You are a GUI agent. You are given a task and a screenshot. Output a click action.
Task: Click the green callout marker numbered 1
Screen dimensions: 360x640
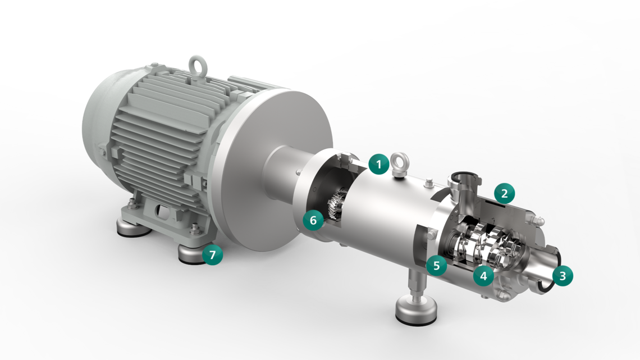click(x=379, y=165)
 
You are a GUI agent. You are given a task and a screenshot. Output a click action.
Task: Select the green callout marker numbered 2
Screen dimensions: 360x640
click(x=504, y=194)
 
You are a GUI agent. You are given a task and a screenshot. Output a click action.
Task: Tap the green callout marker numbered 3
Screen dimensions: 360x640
click(x=563, y=275)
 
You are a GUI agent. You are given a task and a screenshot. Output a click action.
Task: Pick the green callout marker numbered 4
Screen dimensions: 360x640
click(x=483, y=275)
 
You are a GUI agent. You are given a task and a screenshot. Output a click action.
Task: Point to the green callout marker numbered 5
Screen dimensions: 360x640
click(x=436, y=265)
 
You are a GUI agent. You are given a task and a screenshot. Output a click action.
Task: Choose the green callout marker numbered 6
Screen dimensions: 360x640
click(x=313, y=220)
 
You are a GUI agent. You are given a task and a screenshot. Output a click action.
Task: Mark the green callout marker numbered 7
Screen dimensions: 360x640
click(x=212, y=255)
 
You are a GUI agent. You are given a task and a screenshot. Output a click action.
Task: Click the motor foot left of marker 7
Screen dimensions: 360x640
click(x=130, y=227)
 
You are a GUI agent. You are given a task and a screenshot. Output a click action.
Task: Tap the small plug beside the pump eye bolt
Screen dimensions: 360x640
click(x=429, y=181)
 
